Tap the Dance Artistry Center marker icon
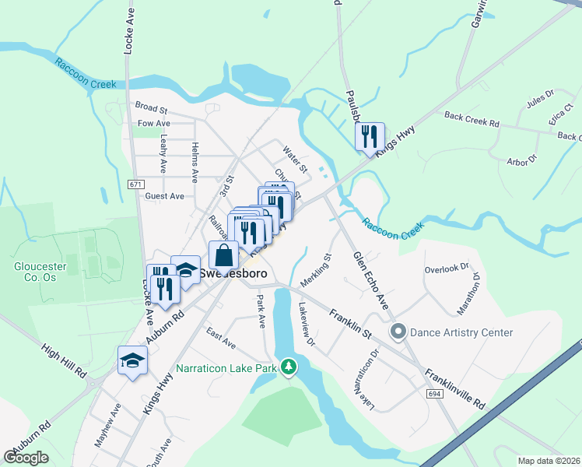398,332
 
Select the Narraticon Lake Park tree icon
289,366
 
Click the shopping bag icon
223,254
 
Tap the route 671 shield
137,184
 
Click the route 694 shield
436,395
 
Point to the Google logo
26,458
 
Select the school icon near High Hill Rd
131,360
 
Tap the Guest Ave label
164,196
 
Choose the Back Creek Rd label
471,118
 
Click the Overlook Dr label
447,269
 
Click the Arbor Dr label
521,161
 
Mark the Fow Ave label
153,123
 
